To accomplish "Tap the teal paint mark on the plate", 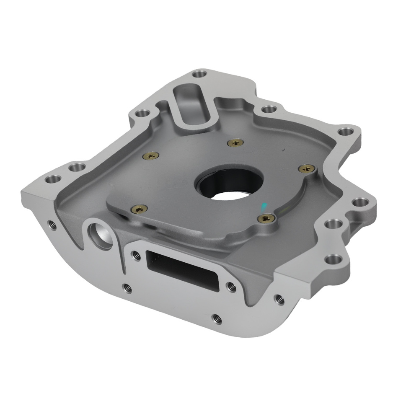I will (x=264, y=206).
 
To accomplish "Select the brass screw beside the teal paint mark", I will (x=266, y=218).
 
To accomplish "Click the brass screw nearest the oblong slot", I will (x=151, y=155).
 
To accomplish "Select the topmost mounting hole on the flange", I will (x=199, y=75).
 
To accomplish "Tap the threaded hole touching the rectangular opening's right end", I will (x=230, y=286).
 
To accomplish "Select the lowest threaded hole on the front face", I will (x=216, y=318).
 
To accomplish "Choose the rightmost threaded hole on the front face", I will (x=278, y=298).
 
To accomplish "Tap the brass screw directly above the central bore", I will (x=235, y=143).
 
